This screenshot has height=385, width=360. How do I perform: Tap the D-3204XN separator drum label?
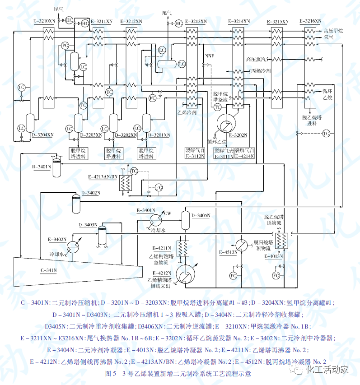43,135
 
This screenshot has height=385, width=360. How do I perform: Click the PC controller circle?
65,46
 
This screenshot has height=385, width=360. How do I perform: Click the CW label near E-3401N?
168,213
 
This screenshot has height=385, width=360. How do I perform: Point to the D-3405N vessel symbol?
185,219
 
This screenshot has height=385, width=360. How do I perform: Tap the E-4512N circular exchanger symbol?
243,244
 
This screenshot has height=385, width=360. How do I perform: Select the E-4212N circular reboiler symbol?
183,273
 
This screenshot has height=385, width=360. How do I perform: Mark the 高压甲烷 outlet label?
333,31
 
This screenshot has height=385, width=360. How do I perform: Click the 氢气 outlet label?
328,37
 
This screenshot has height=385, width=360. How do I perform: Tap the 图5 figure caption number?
111,374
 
